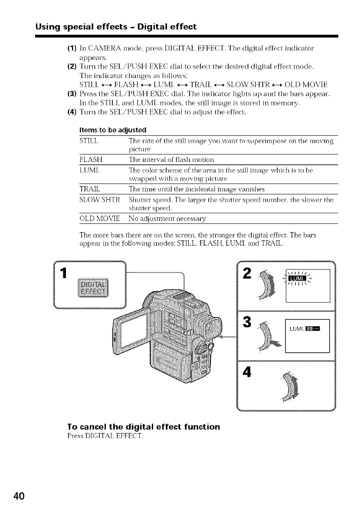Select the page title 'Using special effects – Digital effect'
(116, 27)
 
